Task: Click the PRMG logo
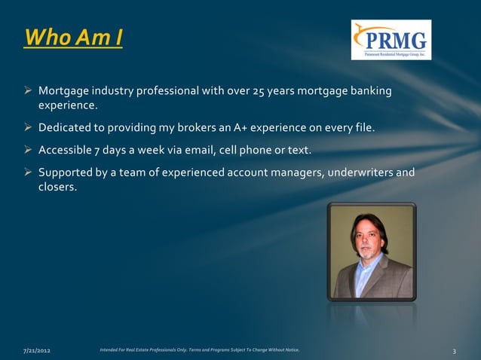(x=391, y=40)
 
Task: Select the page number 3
(x=455, y=351)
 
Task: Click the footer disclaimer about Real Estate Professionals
(x=199, y=350)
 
